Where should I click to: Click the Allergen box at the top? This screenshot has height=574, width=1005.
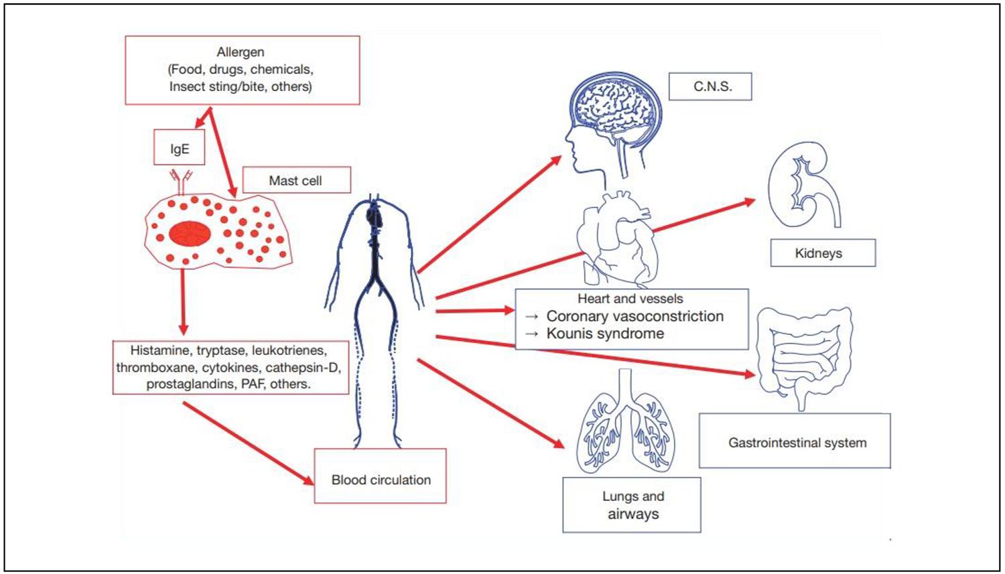tap(242, 70)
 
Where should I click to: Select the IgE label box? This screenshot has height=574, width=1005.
tap(179, 149)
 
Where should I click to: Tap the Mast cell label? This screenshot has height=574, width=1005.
tap(295, 180)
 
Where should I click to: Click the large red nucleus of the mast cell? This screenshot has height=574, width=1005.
tap(190, 234)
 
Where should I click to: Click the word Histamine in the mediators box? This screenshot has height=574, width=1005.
tap(159, 350)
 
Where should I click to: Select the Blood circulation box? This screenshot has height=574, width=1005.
tap(381, 480)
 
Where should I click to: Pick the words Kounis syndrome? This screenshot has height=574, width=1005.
tap(605, 334)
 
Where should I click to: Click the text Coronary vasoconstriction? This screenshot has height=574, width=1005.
tap(634, 316)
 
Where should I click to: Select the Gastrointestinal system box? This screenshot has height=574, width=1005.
tap(797, 443)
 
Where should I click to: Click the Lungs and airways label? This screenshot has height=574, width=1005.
tap(632, 505)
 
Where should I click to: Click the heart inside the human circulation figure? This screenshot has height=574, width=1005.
tap(374, 216)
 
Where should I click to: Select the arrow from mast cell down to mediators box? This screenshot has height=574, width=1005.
tap(183, 301)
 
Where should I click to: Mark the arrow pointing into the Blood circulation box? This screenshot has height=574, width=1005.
tap(247, 443)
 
